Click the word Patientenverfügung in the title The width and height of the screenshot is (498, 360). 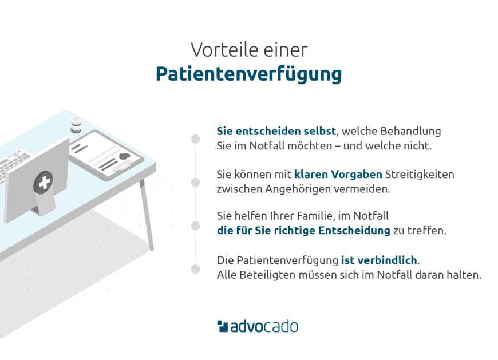(248, 75)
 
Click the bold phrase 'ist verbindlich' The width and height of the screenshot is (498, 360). (379, 260)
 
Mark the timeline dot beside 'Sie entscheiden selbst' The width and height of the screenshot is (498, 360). (196, 139)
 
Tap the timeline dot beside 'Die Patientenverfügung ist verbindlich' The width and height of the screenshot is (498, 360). (196, 268)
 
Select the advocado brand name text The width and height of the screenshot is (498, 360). (264, 327)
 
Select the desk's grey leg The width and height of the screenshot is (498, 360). (147, 215)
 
